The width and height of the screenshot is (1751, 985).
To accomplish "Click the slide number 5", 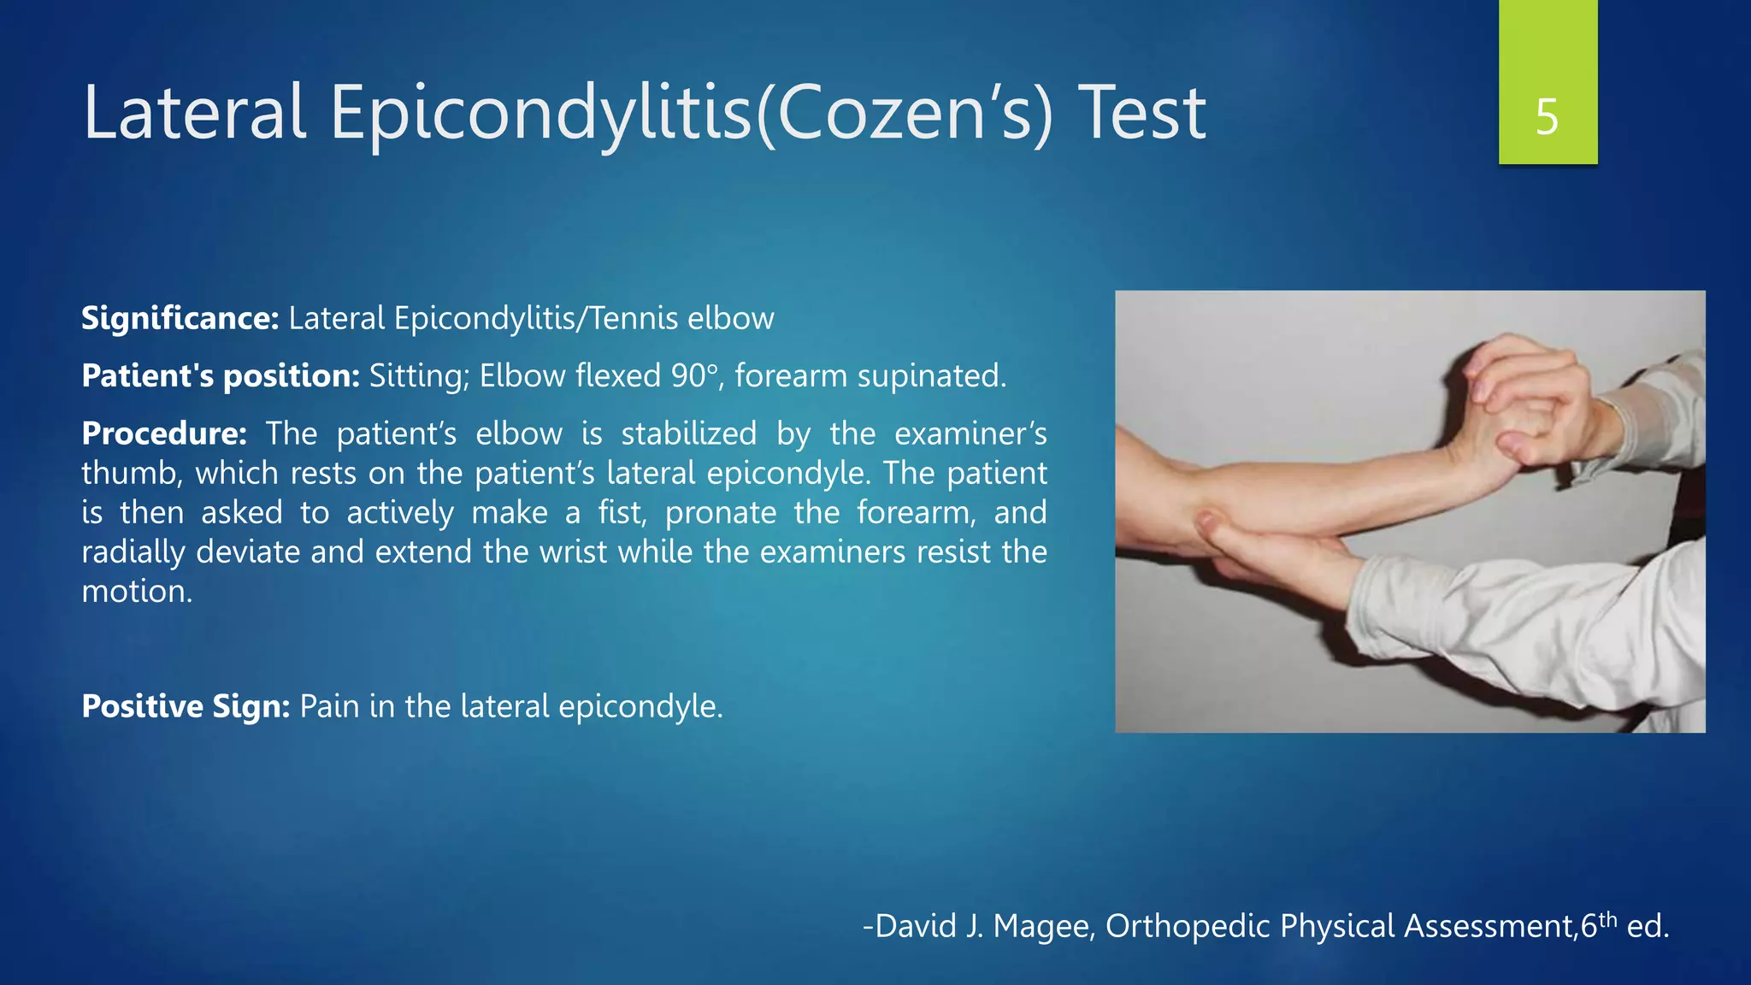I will click(1547, 117).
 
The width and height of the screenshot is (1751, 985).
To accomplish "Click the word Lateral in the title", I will click(194, 113).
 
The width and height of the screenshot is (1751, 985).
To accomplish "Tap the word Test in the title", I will click(1141, 113).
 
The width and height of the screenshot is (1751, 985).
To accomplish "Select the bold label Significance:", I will click(180, 318).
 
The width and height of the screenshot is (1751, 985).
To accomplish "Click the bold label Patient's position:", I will click(221, 376).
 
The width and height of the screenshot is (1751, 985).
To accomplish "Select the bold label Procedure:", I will click(164, 434).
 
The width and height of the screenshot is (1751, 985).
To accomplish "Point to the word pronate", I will click(721, 513).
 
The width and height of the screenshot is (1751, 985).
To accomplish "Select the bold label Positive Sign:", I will click(186, 706).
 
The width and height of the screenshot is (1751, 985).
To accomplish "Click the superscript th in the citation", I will click(1607, 919).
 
